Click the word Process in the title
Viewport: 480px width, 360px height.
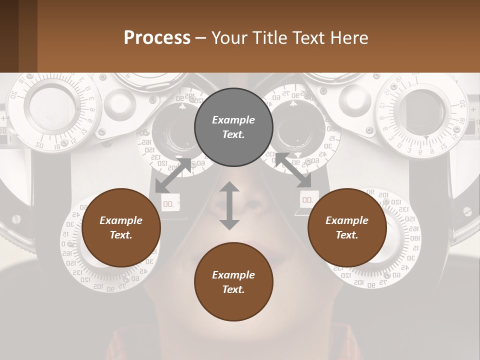pos(157,38)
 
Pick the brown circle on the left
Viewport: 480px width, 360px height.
pos(121,228)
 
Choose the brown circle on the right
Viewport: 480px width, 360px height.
pos(347,228)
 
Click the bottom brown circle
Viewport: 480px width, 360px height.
pos(233,282)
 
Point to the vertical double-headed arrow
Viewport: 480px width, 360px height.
pos(229,205)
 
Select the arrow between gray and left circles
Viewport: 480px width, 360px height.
pos(173,175)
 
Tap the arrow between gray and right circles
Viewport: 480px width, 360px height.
pos(293,170)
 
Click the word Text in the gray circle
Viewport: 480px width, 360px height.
pos(233,134)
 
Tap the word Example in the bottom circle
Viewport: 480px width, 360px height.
pos(233,274)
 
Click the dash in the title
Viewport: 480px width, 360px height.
pos(201,38)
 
